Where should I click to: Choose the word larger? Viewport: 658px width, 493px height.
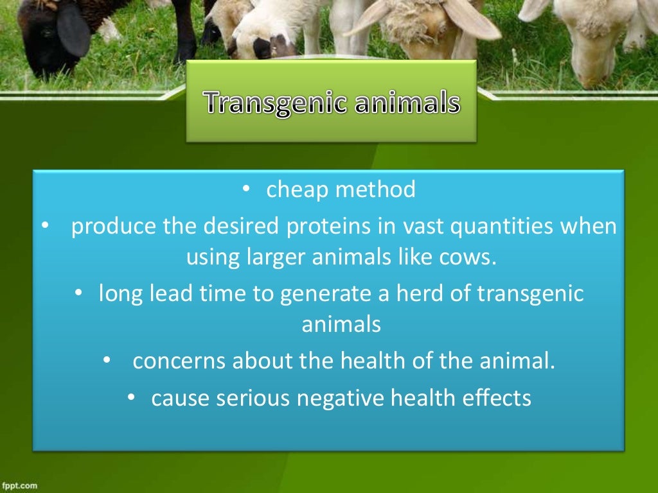[277, 257]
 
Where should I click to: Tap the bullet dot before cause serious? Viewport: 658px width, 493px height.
[132, 399]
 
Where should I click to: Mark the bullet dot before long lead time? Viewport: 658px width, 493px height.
[79, 294]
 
